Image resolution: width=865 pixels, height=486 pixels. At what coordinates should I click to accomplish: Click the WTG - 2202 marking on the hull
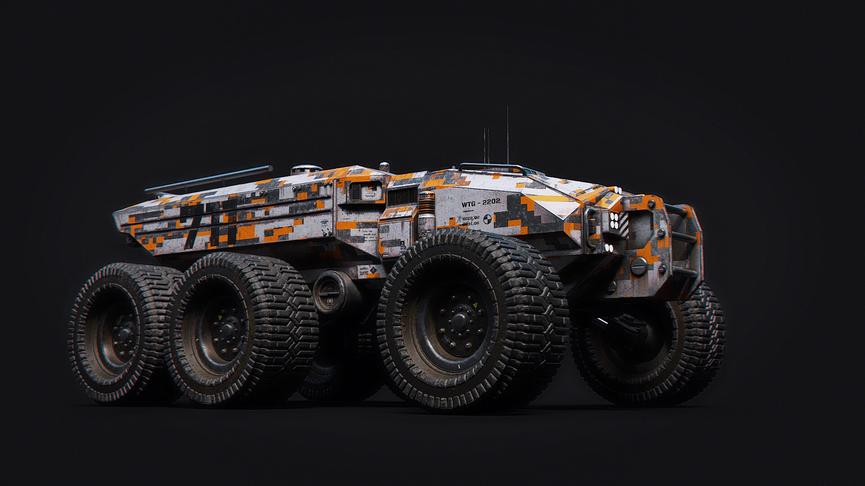[x=481, y=203]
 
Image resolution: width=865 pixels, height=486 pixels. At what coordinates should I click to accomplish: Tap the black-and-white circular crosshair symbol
[x=487, y=220]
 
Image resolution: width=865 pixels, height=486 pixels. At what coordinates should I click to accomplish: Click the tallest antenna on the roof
[x=508, y=135]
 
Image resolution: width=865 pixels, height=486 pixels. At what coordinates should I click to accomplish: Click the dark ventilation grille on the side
[x=402, y=197]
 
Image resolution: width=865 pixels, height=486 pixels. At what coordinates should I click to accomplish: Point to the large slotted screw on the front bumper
[x=637, y=267]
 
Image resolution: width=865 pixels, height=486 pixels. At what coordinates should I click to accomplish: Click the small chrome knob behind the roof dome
[x=384, y=166]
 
